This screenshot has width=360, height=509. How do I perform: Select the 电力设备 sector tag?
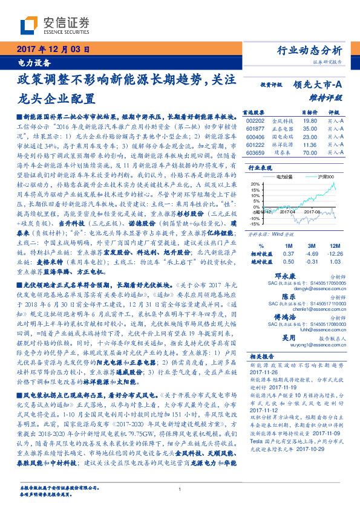pyautogui.click(x=28, y=63)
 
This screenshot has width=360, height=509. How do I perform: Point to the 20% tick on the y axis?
pyautogui.click(x=255, y=184)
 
